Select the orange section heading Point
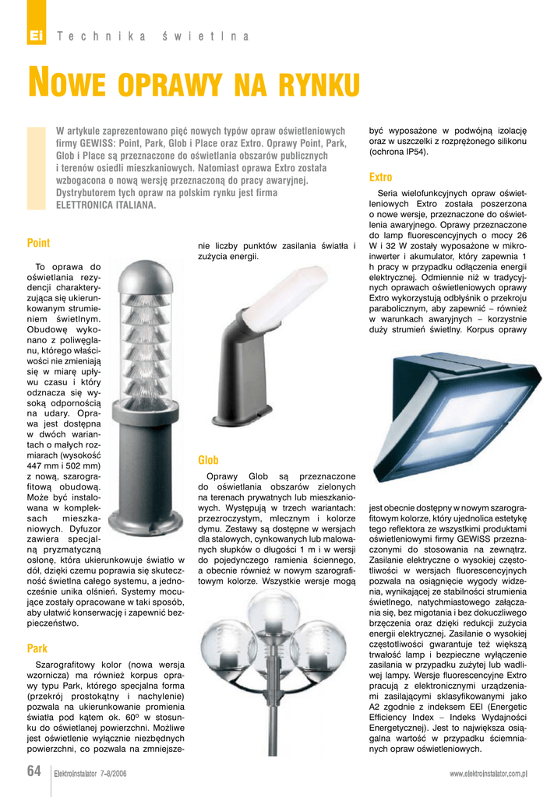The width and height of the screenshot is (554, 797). [x=38, y=243]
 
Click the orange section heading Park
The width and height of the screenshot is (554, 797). [x=37, y=648]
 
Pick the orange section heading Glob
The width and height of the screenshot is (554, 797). [x=208, y=460]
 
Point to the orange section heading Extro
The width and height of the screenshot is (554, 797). [x=380, y=177]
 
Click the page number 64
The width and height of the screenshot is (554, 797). [x=34, y=771]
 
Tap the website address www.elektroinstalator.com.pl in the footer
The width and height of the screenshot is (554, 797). [x=489, y=774]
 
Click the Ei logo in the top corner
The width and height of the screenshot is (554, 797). [x=35, y=36]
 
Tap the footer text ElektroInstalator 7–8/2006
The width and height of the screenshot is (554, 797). [x=90, y=774]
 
